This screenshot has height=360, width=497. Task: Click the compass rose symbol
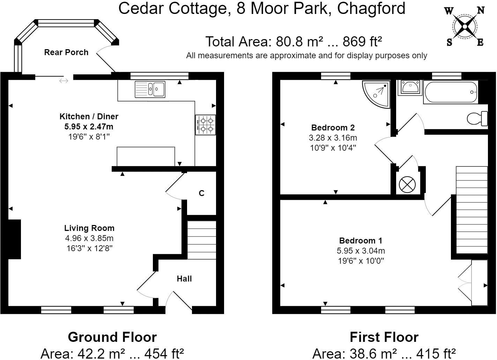coord(465,27)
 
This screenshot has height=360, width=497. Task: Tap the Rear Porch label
coord(66,52)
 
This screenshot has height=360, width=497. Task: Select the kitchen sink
coord(150,89)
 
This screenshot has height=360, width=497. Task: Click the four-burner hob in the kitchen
coord(206,125)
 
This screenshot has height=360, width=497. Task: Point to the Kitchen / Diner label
coord(89,117)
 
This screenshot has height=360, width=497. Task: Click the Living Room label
coord(89,228)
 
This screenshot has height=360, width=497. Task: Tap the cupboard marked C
coord(201,193)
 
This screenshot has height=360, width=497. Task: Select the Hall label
coord(184,279)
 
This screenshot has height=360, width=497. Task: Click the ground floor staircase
coord(202,240)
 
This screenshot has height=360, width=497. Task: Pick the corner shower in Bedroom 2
coord(377,93)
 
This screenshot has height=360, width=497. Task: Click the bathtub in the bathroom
coord(451,92)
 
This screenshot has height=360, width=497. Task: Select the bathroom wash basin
coord(410,87)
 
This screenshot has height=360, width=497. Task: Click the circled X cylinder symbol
coord(407,185)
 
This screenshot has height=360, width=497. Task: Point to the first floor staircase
coord(472,210)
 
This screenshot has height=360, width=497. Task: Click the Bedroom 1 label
coord(361,241)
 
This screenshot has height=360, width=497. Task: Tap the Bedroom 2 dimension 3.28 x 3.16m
coord(333,138)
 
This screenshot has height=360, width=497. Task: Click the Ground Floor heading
coord(112,337)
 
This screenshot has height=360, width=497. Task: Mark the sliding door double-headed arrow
coord(64,81)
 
